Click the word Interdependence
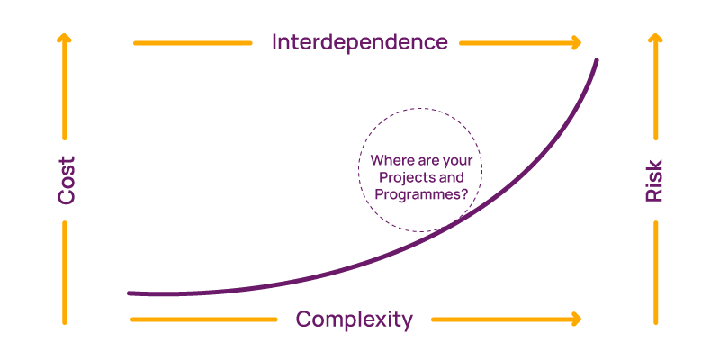[360, 42]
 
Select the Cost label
[67, 180]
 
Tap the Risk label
[654, 180]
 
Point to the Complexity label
[354, 319]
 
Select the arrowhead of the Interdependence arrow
[576, 42]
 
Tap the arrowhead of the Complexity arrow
[576, 319]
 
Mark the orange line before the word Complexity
[202, 319]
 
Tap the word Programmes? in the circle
[421, 193]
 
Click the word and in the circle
[448, 177]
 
